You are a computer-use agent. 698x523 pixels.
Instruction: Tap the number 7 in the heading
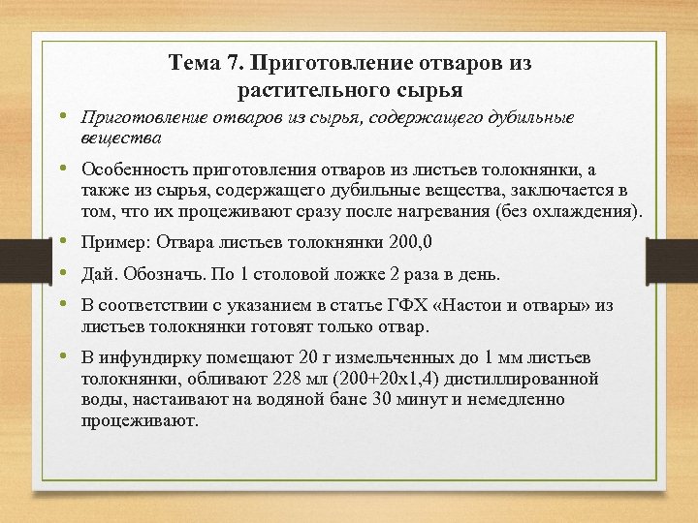point(232,64)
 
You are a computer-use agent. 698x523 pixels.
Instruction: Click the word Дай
point(98,274)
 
